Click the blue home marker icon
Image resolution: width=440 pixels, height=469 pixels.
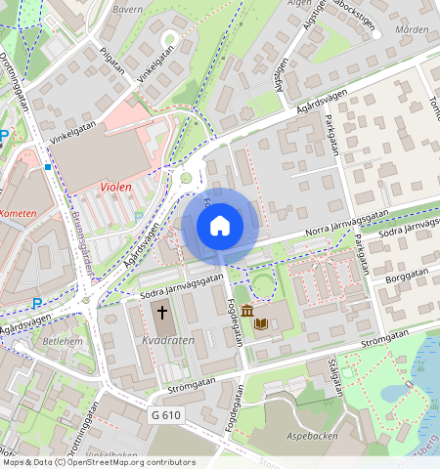[x=220, y=226]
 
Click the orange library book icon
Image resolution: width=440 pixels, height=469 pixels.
[x=262, y=321]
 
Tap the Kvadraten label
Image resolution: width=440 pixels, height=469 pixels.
[x=166, y=340]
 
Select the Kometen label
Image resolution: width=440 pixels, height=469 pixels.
[x=19, y=213]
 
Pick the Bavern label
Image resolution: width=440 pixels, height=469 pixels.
[x=127, y=9]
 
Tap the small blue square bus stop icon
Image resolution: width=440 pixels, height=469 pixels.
[x=47, y=167]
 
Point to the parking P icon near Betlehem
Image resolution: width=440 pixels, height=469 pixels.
[x=37, y=303]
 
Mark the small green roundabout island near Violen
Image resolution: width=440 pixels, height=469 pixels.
[x=185, y=178]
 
